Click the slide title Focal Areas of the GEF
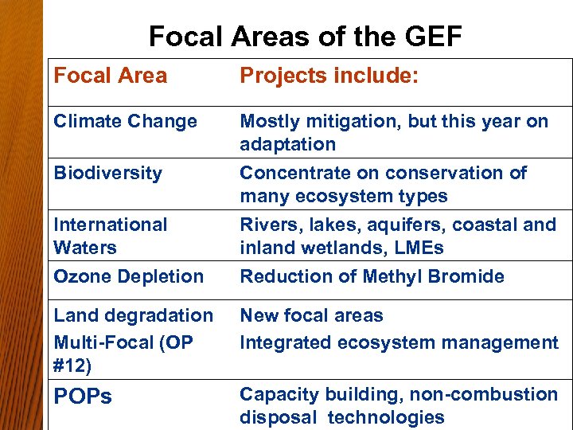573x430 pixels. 306,37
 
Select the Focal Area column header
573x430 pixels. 111,76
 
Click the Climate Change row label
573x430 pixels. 125,121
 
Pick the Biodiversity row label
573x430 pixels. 107,173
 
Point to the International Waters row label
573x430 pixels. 110,236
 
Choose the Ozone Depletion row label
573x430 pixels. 128,276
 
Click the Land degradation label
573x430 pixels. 133,315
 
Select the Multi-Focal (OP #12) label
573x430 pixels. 123,354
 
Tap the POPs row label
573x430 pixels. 83,397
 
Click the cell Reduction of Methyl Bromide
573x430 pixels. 372,276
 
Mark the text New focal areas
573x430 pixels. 311,315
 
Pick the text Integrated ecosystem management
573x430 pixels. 399,342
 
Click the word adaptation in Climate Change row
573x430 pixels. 287,144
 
